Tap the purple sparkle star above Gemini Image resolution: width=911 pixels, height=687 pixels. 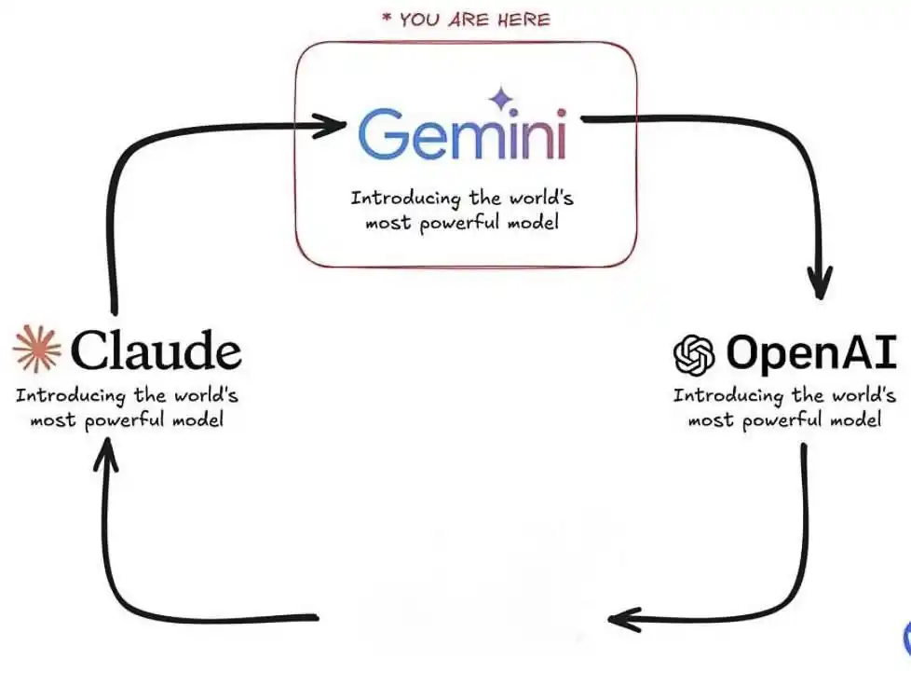(x=500, y=99)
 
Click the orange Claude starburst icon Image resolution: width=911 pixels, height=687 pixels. (x=36, y=349)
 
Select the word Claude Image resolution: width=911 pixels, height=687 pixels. (x=156, y=350)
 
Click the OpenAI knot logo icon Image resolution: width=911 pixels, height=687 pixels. (x=694, y=354)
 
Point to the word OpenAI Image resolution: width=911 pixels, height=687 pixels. (x=811, y=352)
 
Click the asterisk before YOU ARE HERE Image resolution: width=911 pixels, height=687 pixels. (x=387, y=18)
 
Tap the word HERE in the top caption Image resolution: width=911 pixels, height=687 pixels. (x=523, y=21)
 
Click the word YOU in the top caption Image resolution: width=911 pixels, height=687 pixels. (x=419, y=21)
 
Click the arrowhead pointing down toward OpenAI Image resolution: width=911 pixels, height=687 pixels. (x=820, y=282)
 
